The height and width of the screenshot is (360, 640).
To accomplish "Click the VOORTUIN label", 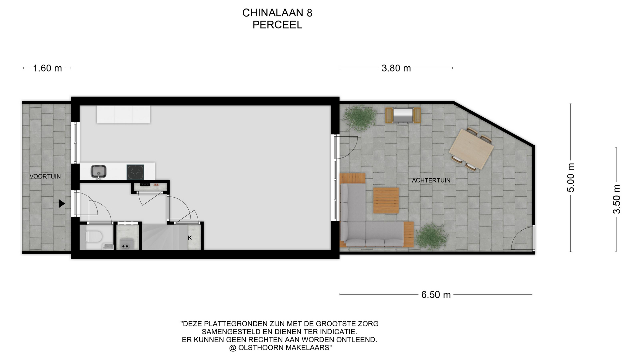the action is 45,176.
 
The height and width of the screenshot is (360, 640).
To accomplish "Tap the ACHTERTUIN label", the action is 431,180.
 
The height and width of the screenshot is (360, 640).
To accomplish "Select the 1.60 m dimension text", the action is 47,68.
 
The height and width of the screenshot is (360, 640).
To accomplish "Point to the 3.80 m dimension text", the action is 396,68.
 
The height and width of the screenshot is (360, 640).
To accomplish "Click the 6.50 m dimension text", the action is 436,295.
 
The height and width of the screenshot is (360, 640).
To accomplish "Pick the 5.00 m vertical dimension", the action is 571,178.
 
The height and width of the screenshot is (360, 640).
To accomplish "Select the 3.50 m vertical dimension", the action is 617,199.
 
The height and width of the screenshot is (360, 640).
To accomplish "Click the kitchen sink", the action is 99,171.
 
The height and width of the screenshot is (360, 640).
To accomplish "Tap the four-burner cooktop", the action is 135,172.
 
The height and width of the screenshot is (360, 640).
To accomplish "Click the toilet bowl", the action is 94,237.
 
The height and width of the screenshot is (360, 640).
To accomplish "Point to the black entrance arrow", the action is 61,203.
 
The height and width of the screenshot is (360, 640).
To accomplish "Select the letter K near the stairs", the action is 190,238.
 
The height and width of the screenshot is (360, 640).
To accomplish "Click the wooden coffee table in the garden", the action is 386,200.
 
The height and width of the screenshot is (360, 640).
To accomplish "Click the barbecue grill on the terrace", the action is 403,115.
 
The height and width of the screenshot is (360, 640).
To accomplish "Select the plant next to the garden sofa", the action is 431,236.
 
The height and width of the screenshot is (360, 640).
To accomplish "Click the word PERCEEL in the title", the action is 277,25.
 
